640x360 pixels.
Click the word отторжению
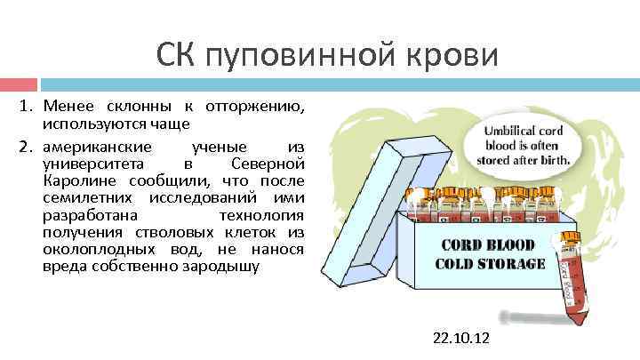(x=255, y=108)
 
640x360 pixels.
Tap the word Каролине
(x=73, y=180)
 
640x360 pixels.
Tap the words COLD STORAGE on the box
(x=490, y=263)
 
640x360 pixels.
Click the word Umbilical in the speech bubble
(x=508, y=131)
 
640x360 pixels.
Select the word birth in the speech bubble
(x=558, y=161)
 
